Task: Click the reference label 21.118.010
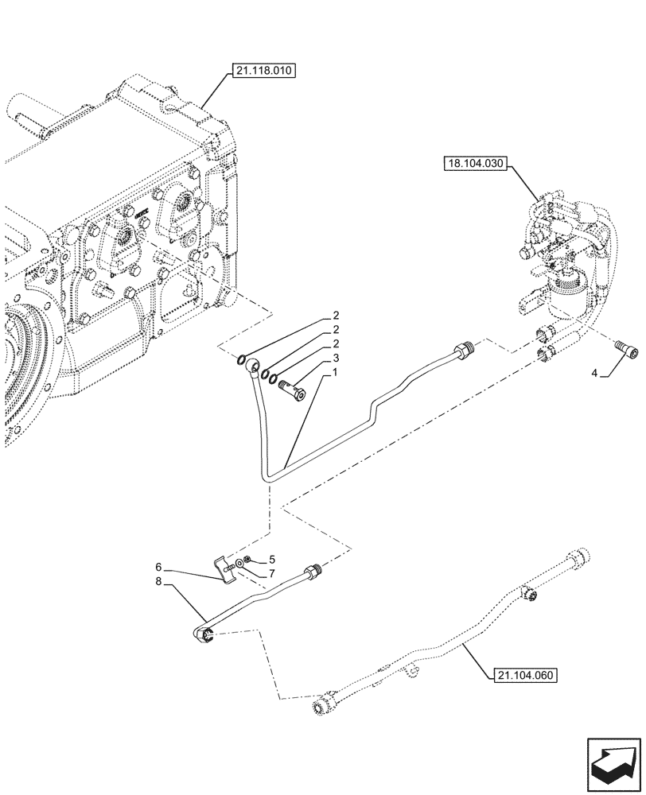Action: point(263,72)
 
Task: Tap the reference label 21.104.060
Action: point(522,676)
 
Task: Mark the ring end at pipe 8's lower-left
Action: point(204,633)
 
